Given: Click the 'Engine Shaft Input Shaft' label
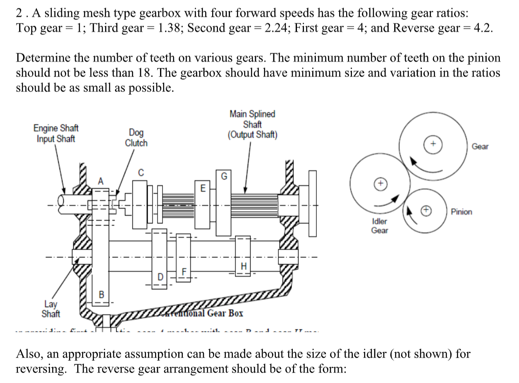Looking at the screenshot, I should coord(56,133).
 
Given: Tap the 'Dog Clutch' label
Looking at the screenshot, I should coord(136,138).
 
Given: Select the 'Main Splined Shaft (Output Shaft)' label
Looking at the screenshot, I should coord(252,124).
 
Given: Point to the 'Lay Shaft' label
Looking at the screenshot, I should coord(50,309).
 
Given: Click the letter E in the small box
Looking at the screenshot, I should coord(202,188).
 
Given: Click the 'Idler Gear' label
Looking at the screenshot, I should coord(379,226).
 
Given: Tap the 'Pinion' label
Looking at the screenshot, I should coord(461,212).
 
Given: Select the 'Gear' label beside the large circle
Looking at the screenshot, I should coord(480,147).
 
